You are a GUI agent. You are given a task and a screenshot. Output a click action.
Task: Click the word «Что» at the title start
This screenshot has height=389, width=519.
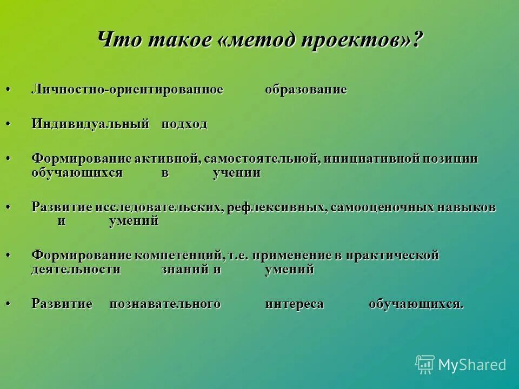click(x=116, y=42)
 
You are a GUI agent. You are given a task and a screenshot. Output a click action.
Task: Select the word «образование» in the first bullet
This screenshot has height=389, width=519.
click(x=305, y=90)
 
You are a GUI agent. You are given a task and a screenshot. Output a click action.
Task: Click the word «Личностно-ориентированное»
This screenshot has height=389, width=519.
click(x=127, y=90)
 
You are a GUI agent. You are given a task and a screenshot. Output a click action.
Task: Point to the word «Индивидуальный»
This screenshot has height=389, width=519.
click(x=90, y=124)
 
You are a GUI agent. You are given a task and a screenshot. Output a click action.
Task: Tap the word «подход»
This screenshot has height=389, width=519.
click(x=184, y=124)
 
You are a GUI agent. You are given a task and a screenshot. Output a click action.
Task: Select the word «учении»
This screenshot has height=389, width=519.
click(x=237, y=173)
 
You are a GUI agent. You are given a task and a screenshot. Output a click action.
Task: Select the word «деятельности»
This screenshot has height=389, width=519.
click(x=76, y=270)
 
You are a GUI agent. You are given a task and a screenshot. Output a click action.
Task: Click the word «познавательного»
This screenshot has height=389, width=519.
click(x=165, y=304)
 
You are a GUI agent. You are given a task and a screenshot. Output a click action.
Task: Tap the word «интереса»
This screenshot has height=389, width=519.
click(x=294, y=304)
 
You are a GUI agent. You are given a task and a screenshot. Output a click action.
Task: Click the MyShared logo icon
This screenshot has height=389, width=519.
click(x=425, y=365)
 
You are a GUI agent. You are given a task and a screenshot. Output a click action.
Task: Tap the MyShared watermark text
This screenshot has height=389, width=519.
click(x=472, y=365)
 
